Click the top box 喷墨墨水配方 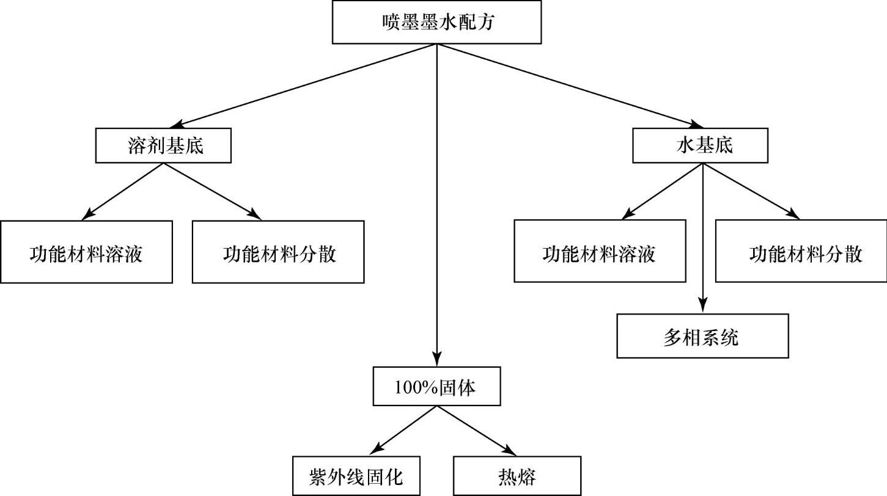436,22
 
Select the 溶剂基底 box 163,145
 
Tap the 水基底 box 700,145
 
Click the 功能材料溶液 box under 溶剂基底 86,252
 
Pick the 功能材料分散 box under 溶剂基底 278,252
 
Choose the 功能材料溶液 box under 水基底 600,252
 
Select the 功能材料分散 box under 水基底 801,252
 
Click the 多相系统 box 702,336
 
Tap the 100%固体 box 436,386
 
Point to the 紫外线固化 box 356,475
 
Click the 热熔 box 517,475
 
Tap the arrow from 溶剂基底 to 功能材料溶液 125,190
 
